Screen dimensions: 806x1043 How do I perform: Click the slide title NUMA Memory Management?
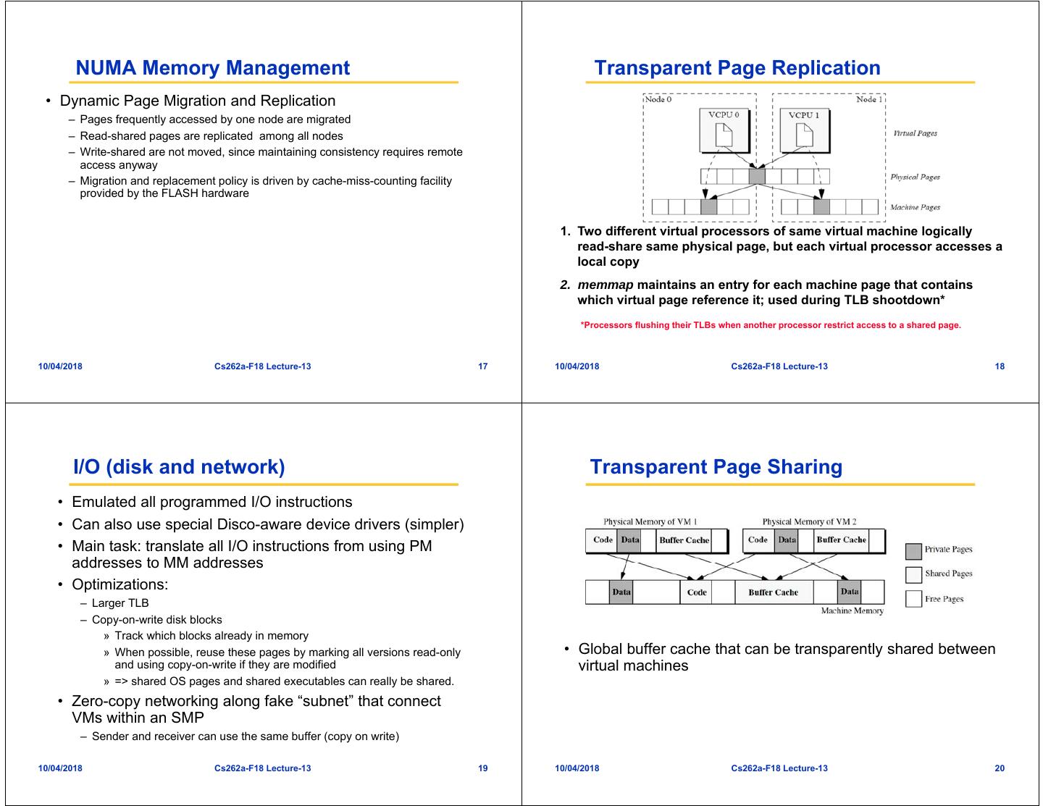click(x=212, y=68)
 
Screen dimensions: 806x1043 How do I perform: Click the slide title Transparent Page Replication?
click(x=737, y=68)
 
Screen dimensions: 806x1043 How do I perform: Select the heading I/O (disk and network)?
click(x=179, y=467)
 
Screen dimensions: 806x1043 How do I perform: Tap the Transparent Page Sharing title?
click(x=716, y=467)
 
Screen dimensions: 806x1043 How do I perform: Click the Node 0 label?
click(x=658, y=99)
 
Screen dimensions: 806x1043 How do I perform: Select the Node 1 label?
click(x=868, y=99)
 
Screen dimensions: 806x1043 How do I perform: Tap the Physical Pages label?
click(x=915, y=177)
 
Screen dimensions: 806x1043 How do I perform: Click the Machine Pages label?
click(x=915, y=208)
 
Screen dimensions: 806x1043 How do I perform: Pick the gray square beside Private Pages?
click(x=913, y=551)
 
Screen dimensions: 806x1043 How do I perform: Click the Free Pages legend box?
click(x=913, y=599)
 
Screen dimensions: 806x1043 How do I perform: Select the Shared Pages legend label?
click(x=948, y=574)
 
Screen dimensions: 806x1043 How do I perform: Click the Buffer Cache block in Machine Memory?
click(x=773, y=592)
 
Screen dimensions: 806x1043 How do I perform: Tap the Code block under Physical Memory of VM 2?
click(x=758, y=540)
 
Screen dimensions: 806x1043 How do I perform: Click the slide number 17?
click(x=483, y=366)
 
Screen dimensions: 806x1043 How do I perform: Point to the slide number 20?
click(x=1000, y=768)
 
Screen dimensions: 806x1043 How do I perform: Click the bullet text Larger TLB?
click(x=120, y=603)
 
